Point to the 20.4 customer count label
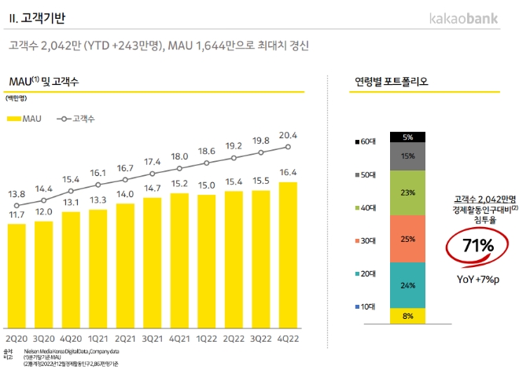(x=289, y=134)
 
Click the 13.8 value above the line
(x=17, y=193)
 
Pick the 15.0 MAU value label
(x=207, y=185)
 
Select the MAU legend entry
(x=27, y=118)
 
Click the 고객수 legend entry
(x=77, y=118)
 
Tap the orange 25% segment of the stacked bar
(x=407, y=238)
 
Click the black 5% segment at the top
(x=407, y=137)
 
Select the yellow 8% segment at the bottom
(x=407, y=316)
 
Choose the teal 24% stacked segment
(x=407, y=284)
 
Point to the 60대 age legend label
(x=366, y=142)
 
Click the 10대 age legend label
(x=366, y=306)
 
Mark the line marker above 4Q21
(x=180, y=167)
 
